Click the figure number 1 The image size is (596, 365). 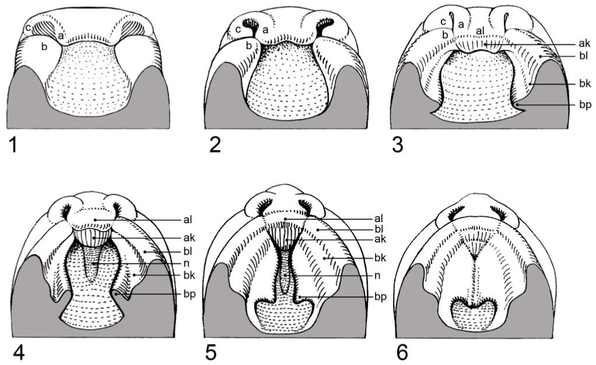coord(13,145)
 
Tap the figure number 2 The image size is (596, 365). coord(215,145)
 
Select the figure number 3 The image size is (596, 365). coord(397,145)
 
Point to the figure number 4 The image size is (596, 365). coord(19,352)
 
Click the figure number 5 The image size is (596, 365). coord(211,352)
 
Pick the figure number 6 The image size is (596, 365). coord(402,352)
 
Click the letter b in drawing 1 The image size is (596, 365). coord(44,47)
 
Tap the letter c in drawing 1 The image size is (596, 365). coord(28,28)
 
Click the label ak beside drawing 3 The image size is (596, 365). coord(584,43)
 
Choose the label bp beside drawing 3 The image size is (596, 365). coord(586,105)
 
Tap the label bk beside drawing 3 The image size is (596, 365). coord(585,83)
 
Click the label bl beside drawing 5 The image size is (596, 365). coord(378,229)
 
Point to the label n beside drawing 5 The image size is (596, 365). coord(377,275)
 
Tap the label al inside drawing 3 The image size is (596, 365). coord(480,31)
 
